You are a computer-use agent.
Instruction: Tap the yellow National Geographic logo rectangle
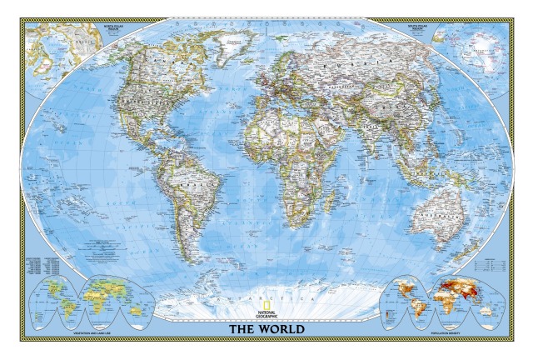click(x=265, y=301)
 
